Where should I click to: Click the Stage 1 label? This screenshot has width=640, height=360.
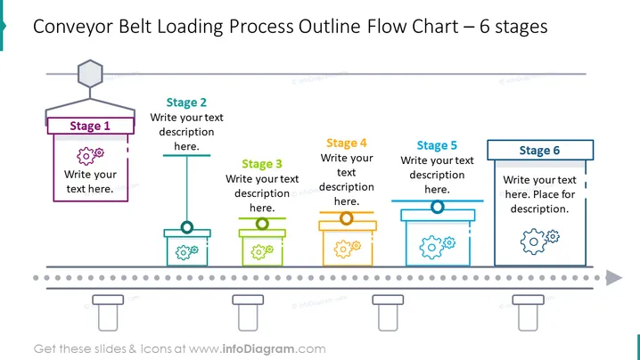point(90,126)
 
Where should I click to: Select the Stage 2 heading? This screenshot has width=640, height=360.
point(186,102)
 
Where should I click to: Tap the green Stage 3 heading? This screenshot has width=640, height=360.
point(262,164)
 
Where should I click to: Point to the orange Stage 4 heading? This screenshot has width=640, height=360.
point(347,143)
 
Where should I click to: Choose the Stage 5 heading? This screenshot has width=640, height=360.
point(437,145)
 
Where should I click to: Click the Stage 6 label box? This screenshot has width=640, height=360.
point(540,151)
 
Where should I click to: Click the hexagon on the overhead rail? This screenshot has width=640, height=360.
point(90,73)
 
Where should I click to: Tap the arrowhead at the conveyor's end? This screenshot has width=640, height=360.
point(614,278)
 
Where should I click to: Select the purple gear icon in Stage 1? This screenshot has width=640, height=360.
point(90,156)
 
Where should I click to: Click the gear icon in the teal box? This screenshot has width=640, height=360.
point(187,252)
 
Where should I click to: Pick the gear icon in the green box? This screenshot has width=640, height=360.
point(262,251)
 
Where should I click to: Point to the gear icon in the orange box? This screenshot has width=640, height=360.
point(348,249)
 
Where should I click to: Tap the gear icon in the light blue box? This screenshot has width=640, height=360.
point(437,247)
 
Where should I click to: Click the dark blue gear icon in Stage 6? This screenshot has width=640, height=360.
point(539,241)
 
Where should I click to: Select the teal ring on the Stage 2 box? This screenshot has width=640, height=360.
point(187,227)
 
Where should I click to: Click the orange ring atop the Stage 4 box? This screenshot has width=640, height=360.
point(347,218)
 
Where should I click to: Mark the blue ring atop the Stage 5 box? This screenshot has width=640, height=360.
point(437,207)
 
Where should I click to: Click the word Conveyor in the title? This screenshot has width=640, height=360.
point(73,27)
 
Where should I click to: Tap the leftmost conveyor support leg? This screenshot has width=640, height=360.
point(108,313)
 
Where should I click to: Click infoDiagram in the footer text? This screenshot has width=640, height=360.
point(258,349)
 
